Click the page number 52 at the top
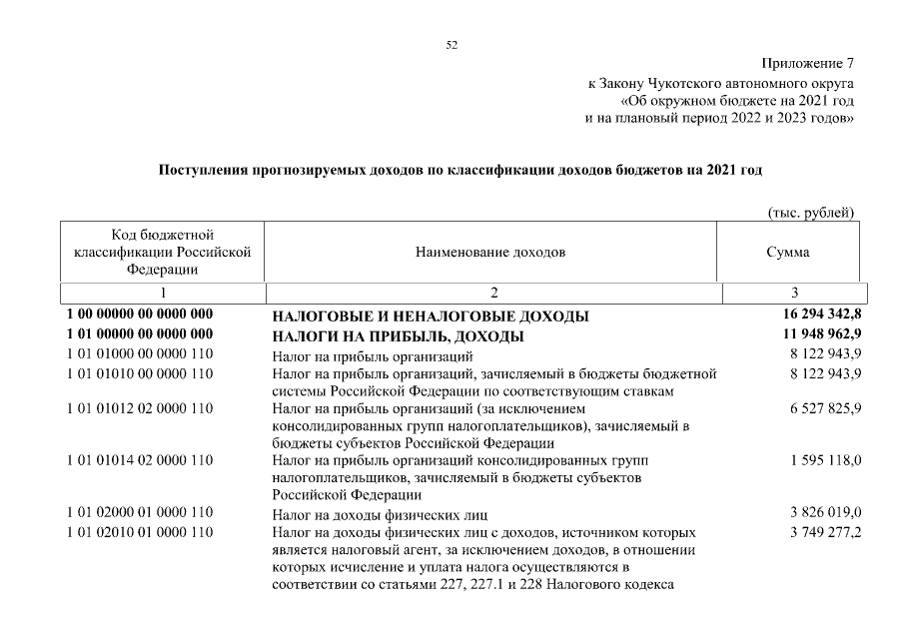point(451,44)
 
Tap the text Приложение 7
point(808,64)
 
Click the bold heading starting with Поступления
point(460,170)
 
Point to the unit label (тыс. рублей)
point(810,213)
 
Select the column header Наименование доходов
point(490,253)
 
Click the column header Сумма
point(788,253)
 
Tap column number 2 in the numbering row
point(492,294)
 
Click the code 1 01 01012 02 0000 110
point(140,409)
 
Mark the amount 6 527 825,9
point(825,409)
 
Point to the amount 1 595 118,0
point(825,460)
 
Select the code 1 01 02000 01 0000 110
point(140,513)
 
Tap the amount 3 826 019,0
point(825,513)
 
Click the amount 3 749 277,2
point(825,532)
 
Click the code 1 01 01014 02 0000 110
point(140,460)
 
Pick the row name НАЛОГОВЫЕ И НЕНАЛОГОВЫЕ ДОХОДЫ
point(430,317)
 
